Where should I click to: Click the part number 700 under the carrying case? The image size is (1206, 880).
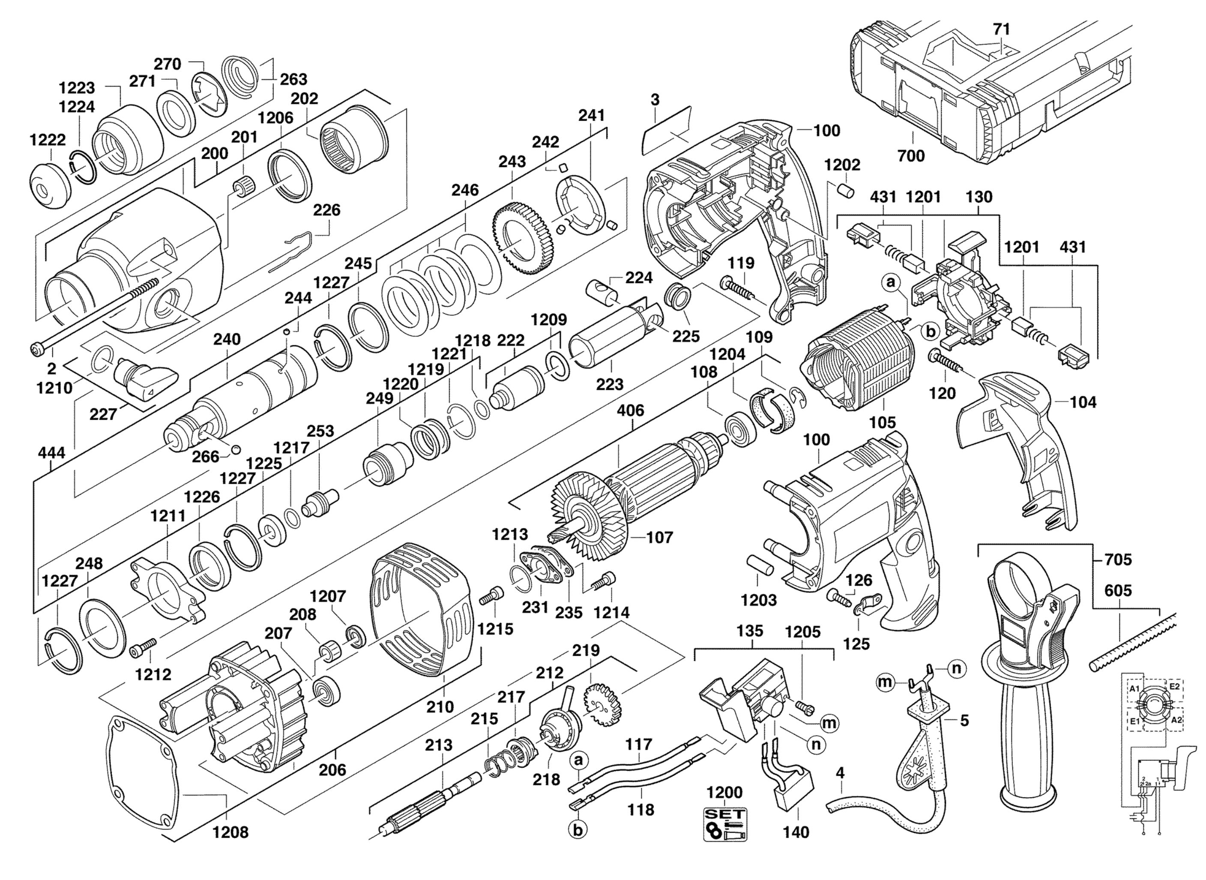[x=911, y=156]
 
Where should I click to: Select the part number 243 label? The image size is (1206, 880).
[x=512, y=162]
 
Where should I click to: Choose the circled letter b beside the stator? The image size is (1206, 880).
[x=930, y=331]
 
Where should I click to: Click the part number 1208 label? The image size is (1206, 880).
[x=230, y=832]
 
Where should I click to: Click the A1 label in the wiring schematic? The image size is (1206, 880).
[x=1134, y=689]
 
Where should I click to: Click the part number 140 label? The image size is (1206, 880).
[x=796, y=832]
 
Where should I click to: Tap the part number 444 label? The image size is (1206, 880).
[x=52, y=453]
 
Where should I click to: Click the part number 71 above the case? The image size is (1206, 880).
[x=1002, y=29]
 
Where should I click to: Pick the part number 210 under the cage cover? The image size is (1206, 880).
[x=440, y=706]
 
